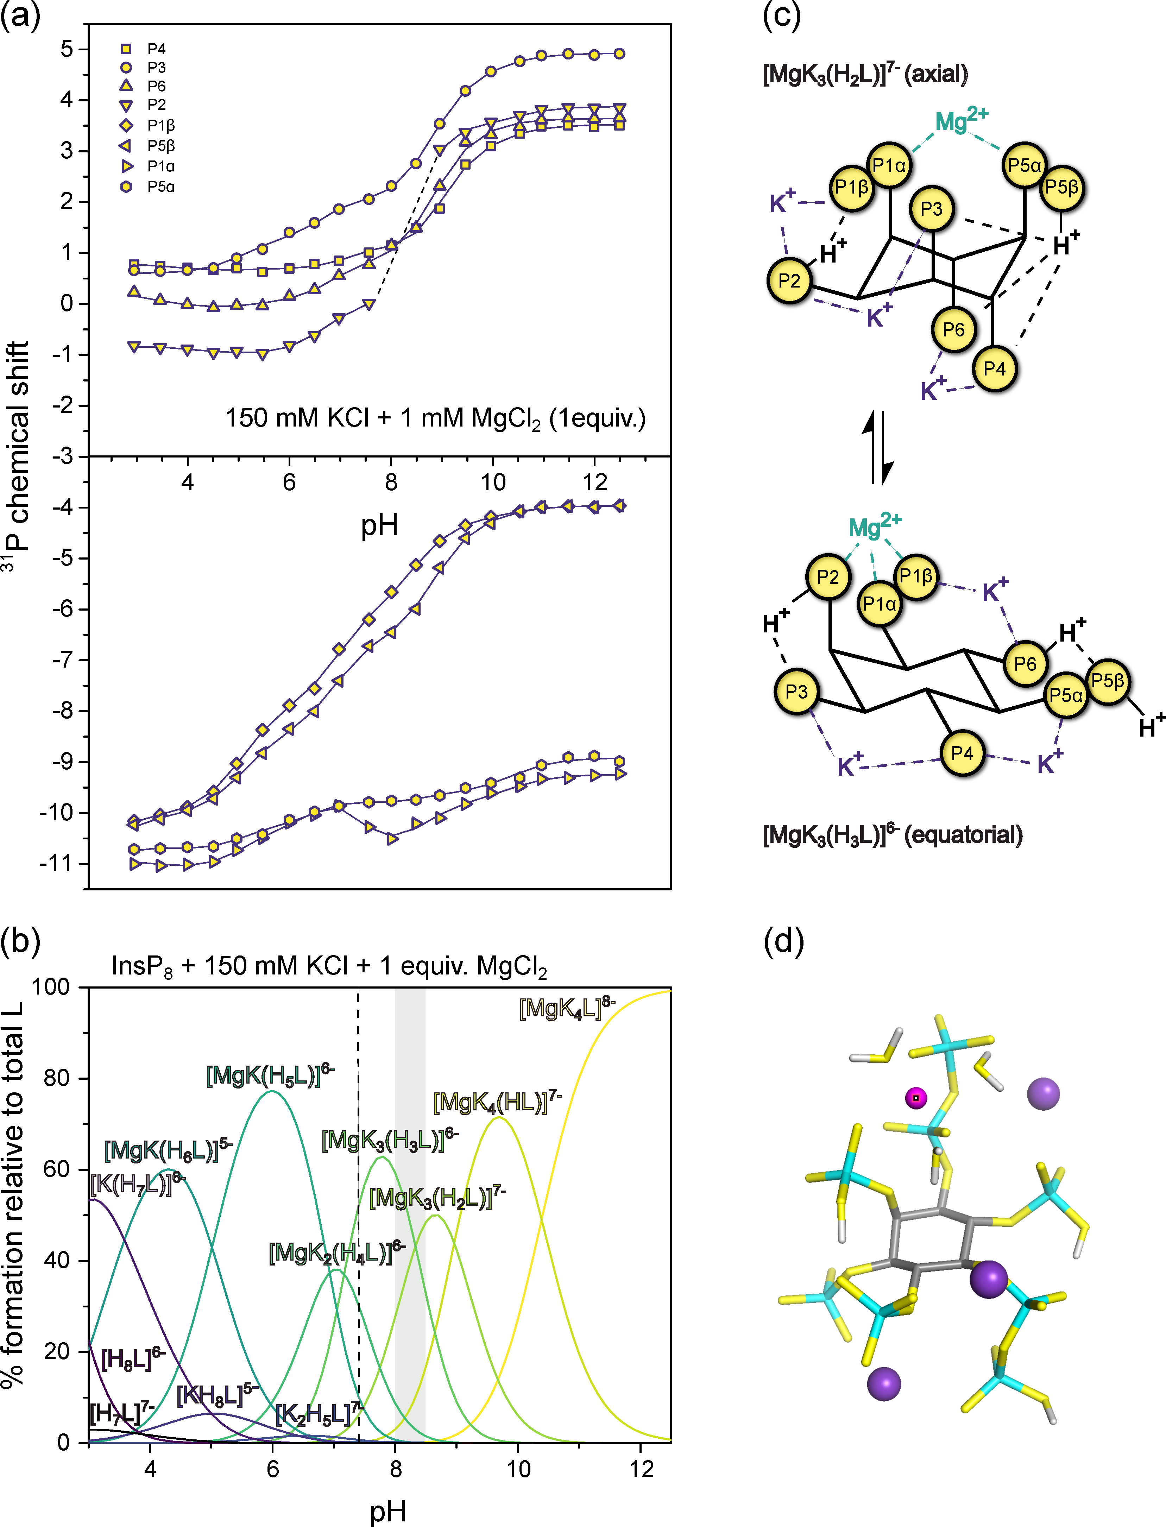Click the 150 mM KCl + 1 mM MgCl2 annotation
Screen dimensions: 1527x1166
pyautogui.click(x=435, y=418)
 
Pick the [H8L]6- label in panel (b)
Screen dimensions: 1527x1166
pyautogui.click(x=132, y=1359)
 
